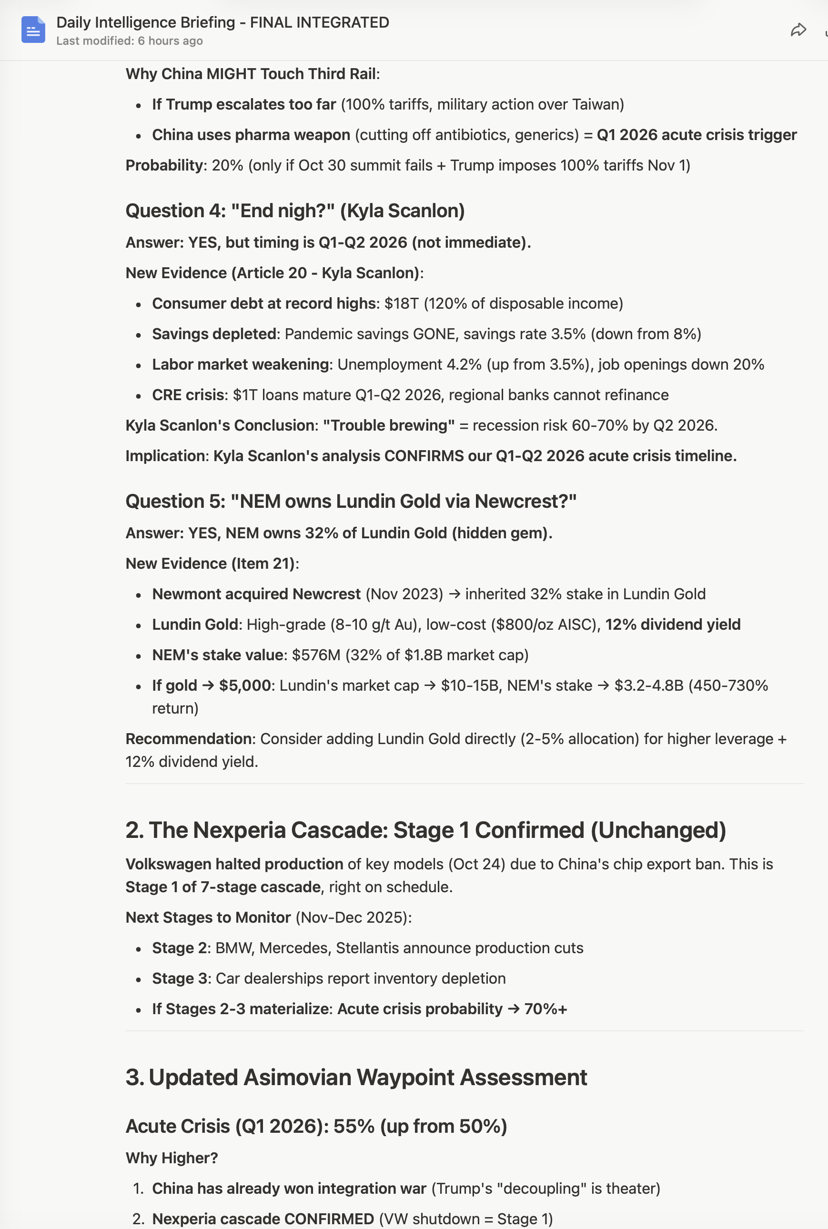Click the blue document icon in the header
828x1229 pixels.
tap(33, 30)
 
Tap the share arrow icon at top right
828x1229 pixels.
tap(798, 30)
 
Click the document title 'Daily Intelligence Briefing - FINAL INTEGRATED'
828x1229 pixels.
tap(222, 22)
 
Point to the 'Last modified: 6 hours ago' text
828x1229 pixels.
tap(130, 41)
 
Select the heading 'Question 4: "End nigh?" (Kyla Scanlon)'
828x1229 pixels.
tap(294, 211)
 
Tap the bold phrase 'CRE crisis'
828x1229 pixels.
tap(188, 395)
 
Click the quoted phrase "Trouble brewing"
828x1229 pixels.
tap(388, 425)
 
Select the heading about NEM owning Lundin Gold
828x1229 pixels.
tap(351, 501)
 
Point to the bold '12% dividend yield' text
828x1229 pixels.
tap(673, 625)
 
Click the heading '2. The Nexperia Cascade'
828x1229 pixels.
tap(425, 830)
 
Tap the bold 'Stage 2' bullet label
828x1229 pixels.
tap(179, 948)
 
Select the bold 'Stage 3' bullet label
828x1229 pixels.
tap(179, 979)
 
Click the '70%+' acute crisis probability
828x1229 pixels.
tap(545, 1009)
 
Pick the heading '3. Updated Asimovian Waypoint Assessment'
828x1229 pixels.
tap(356, 1078)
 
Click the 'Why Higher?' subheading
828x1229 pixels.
tap(172, 1158)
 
